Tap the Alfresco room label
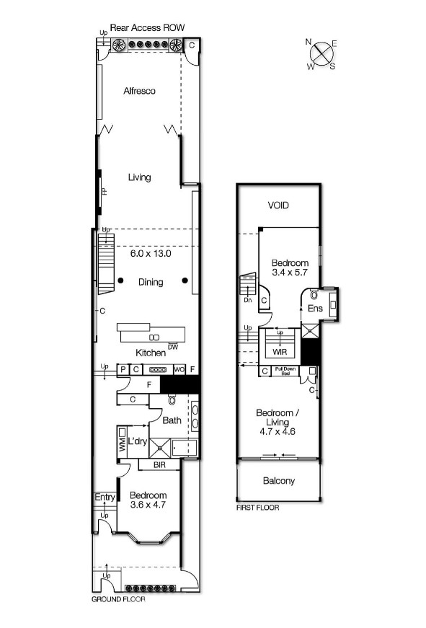click(x=139, y=91)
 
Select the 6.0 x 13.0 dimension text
click(x=151, y=254)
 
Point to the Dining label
click(x=151, y=282)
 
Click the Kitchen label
click(x=151, y=353)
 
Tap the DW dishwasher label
click(x=172, y=347)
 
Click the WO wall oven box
click(x=179, y=371)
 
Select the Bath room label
click(x=171, y=420)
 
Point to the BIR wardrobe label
click(x=159, y=466)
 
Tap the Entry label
click(x=105, y=497)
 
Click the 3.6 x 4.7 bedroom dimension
click(x=148, y=505)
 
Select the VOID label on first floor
click(x=278, y=205)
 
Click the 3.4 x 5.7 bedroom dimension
click(x=290, y=273)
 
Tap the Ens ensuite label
click(x=315, y=309)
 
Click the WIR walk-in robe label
click(x=280, y=353)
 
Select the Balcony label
click(x=278, y=481)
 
